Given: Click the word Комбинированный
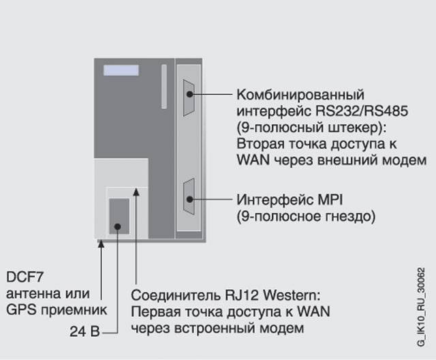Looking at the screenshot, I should tap(300, 93).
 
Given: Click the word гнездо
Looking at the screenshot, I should tap(341, 217).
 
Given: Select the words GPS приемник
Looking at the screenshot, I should tap(56, 310).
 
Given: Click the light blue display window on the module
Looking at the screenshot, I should tap(121, 70).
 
